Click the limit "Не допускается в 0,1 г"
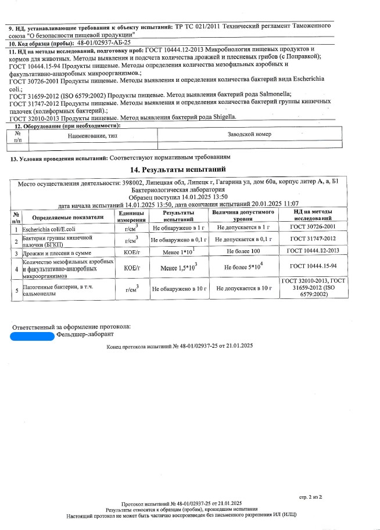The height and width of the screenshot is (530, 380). coord(243,240)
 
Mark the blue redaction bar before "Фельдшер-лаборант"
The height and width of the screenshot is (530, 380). coord(33,335)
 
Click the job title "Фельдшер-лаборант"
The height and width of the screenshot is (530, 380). coord(85,335)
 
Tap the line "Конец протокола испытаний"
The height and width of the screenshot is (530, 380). coord(180,346)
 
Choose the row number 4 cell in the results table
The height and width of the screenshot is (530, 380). coord(16,269)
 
